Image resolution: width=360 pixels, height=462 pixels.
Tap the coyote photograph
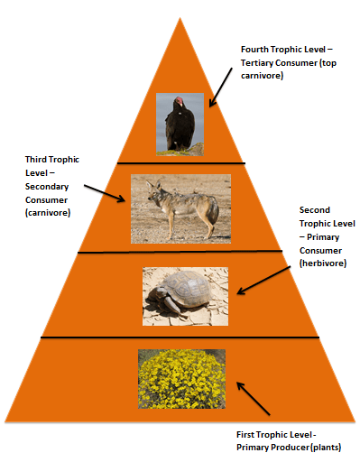180,208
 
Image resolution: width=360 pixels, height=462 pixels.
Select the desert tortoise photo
180,294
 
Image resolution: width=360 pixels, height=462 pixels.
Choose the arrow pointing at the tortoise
260,280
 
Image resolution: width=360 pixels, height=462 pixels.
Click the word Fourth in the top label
256,49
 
